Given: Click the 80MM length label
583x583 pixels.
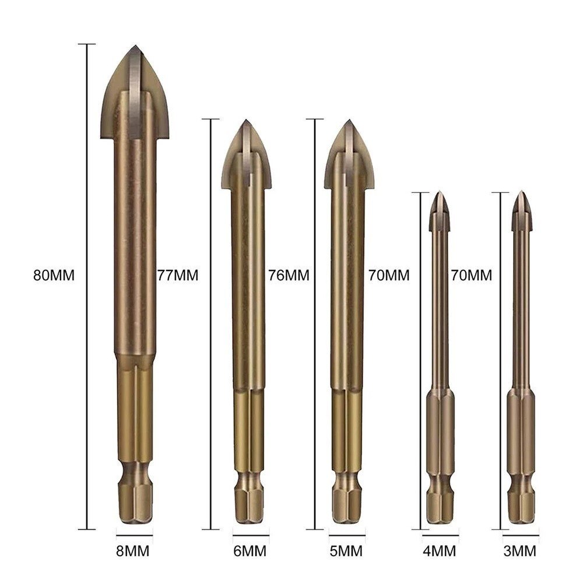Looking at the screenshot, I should coord(54,275).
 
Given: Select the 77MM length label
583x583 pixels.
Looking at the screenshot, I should coord(178,275).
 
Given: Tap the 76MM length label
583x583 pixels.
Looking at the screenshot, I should coord(289,275).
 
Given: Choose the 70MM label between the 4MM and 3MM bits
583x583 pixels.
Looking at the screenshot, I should coord(472,275).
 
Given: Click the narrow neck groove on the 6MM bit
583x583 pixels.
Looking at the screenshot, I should coord(251,475).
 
